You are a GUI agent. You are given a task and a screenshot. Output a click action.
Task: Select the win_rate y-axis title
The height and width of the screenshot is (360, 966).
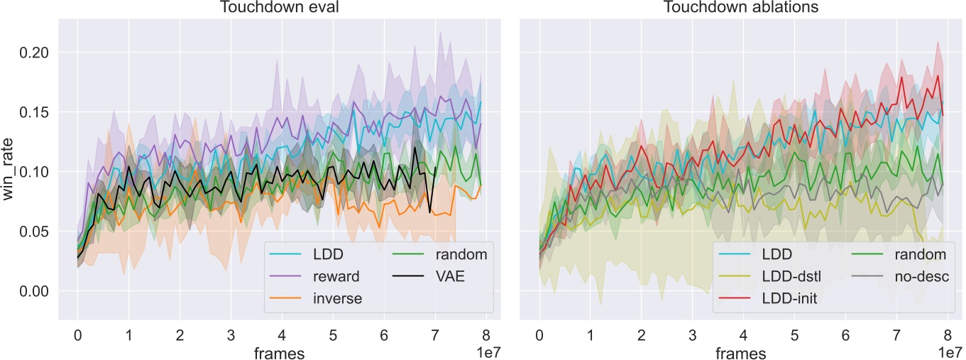pos(9,171)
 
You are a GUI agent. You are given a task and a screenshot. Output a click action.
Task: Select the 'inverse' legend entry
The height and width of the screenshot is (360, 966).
pos(338,298)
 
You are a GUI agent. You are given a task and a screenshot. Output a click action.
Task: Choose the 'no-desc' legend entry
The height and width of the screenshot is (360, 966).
pos(918,276)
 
